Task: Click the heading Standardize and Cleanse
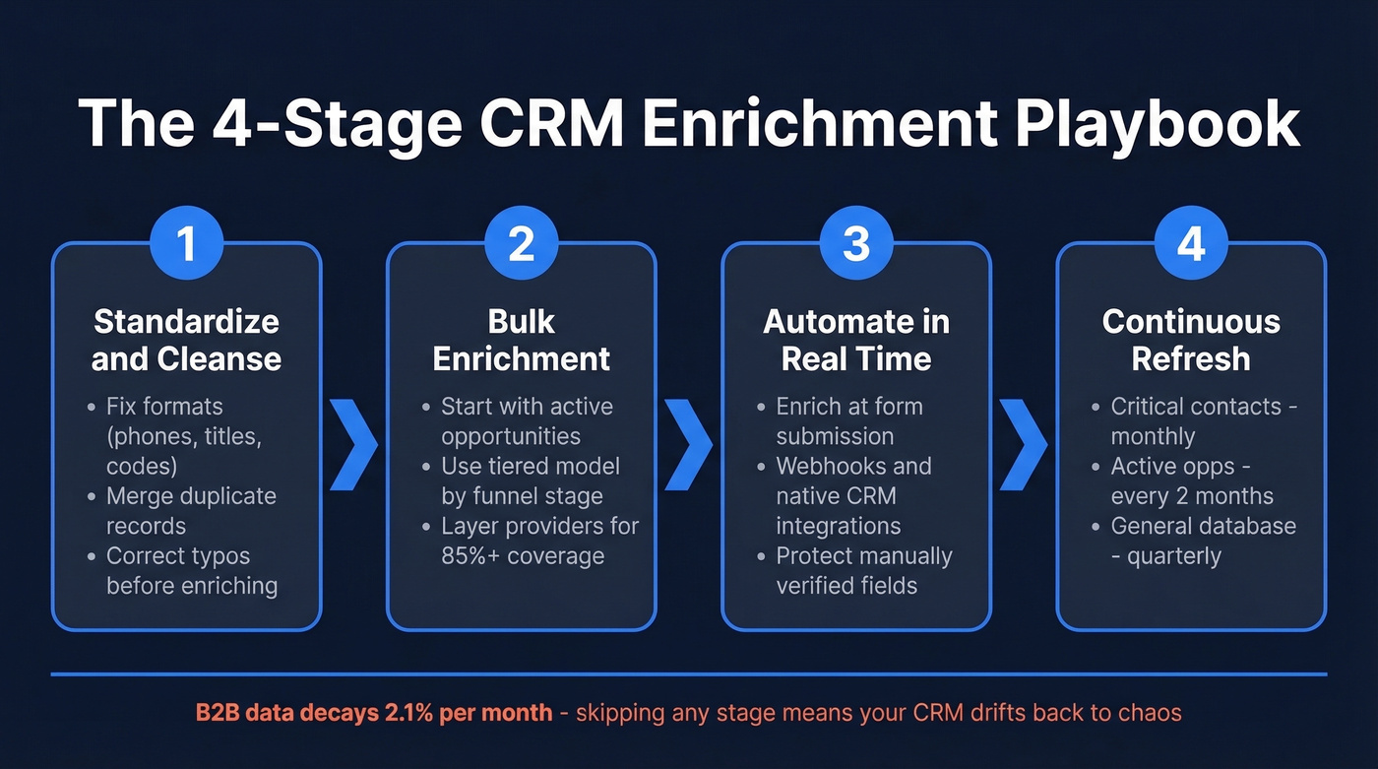pyautogui.click(x=186, y=340)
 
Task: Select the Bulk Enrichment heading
pyautogui.click(x=521, y=340)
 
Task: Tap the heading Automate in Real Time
pyautogui.click(x=856, y=340)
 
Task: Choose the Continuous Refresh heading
pyautogui.click(x=1191, y=340)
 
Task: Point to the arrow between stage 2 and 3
pyautogui.click(x=688, y=445)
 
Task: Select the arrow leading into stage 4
pyautogui.click(x=1024, y=445)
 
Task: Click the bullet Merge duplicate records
pyautogui.click(x=191, y=511)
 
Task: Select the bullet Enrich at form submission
pyautogui.click(x=848, y=421)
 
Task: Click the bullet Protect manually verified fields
pyautogui.click(x=863, y=570)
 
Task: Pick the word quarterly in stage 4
pyautogui.click(x=1173, y=555)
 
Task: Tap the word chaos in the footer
pyautogui.click(x=1151, y=711)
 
